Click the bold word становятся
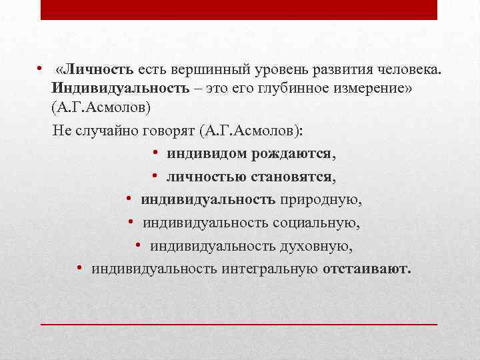point(294,177)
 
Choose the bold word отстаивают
point(367,269)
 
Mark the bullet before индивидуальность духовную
point(137,245)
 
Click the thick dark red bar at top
point(239,9)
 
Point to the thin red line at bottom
point(239,323)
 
